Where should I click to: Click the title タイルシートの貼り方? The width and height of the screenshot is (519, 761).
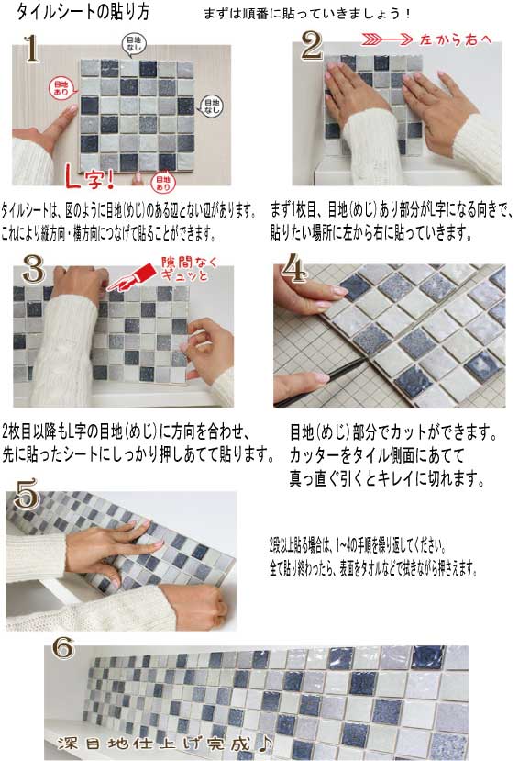click(x=83, y=12)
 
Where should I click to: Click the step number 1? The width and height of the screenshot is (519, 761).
click(x=31, y=49)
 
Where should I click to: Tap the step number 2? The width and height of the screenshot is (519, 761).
click(x=312, y=46)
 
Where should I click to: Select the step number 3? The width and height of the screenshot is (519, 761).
click(x=33, y=269)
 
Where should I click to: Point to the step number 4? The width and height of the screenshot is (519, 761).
click(x=293, y=267)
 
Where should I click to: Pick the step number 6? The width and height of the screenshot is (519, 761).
click(x=63, y=648)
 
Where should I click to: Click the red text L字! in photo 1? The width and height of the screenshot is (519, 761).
click(x=90, y=178)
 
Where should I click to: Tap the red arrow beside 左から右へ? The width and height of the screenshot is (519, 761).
click(x=387, y=39)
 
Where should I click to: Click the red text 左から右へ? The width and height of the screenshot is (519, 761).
click(x=456, y=39)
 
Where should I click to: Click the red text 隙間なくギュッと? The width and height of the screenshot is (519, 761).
click(x=189, y=269)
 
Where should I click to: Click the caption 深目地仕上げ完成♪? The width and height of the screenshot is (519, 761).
click(x=165, y=743)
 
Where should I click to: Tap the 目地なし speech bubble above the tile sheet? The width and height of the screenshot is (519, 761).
click(x=134, y=44)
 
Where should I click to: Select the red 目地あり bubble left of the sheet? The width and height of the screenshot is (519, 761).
click(x=61, y=88)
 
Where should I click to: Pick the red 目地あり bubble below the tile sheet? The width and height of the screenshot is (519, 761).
click(x=163, y=183)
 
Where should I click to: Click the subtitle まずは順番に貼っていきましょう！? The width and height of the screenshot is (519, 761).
click(x=307, y=14)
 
